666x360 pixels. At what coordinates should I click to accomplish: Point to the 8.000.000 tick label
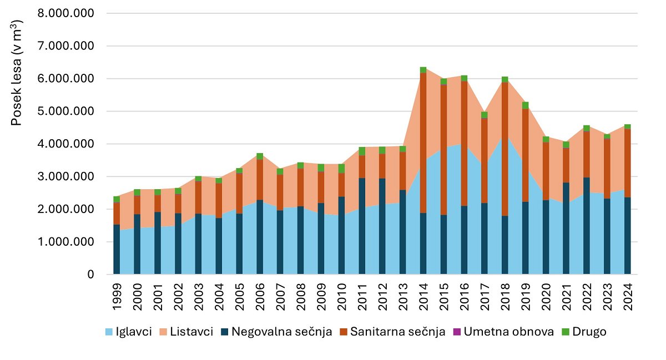(65, 13)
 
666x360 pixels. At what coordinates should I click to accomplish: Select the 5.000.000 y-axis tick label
(65, 111)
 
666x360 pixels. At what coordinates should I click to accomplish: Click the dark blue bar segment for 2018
(505, 245)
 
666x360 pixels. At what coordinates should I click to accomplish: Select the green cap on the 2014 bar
(423, 70)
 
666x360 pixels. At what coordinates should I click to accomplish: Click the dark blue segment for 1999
(117, 249)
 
